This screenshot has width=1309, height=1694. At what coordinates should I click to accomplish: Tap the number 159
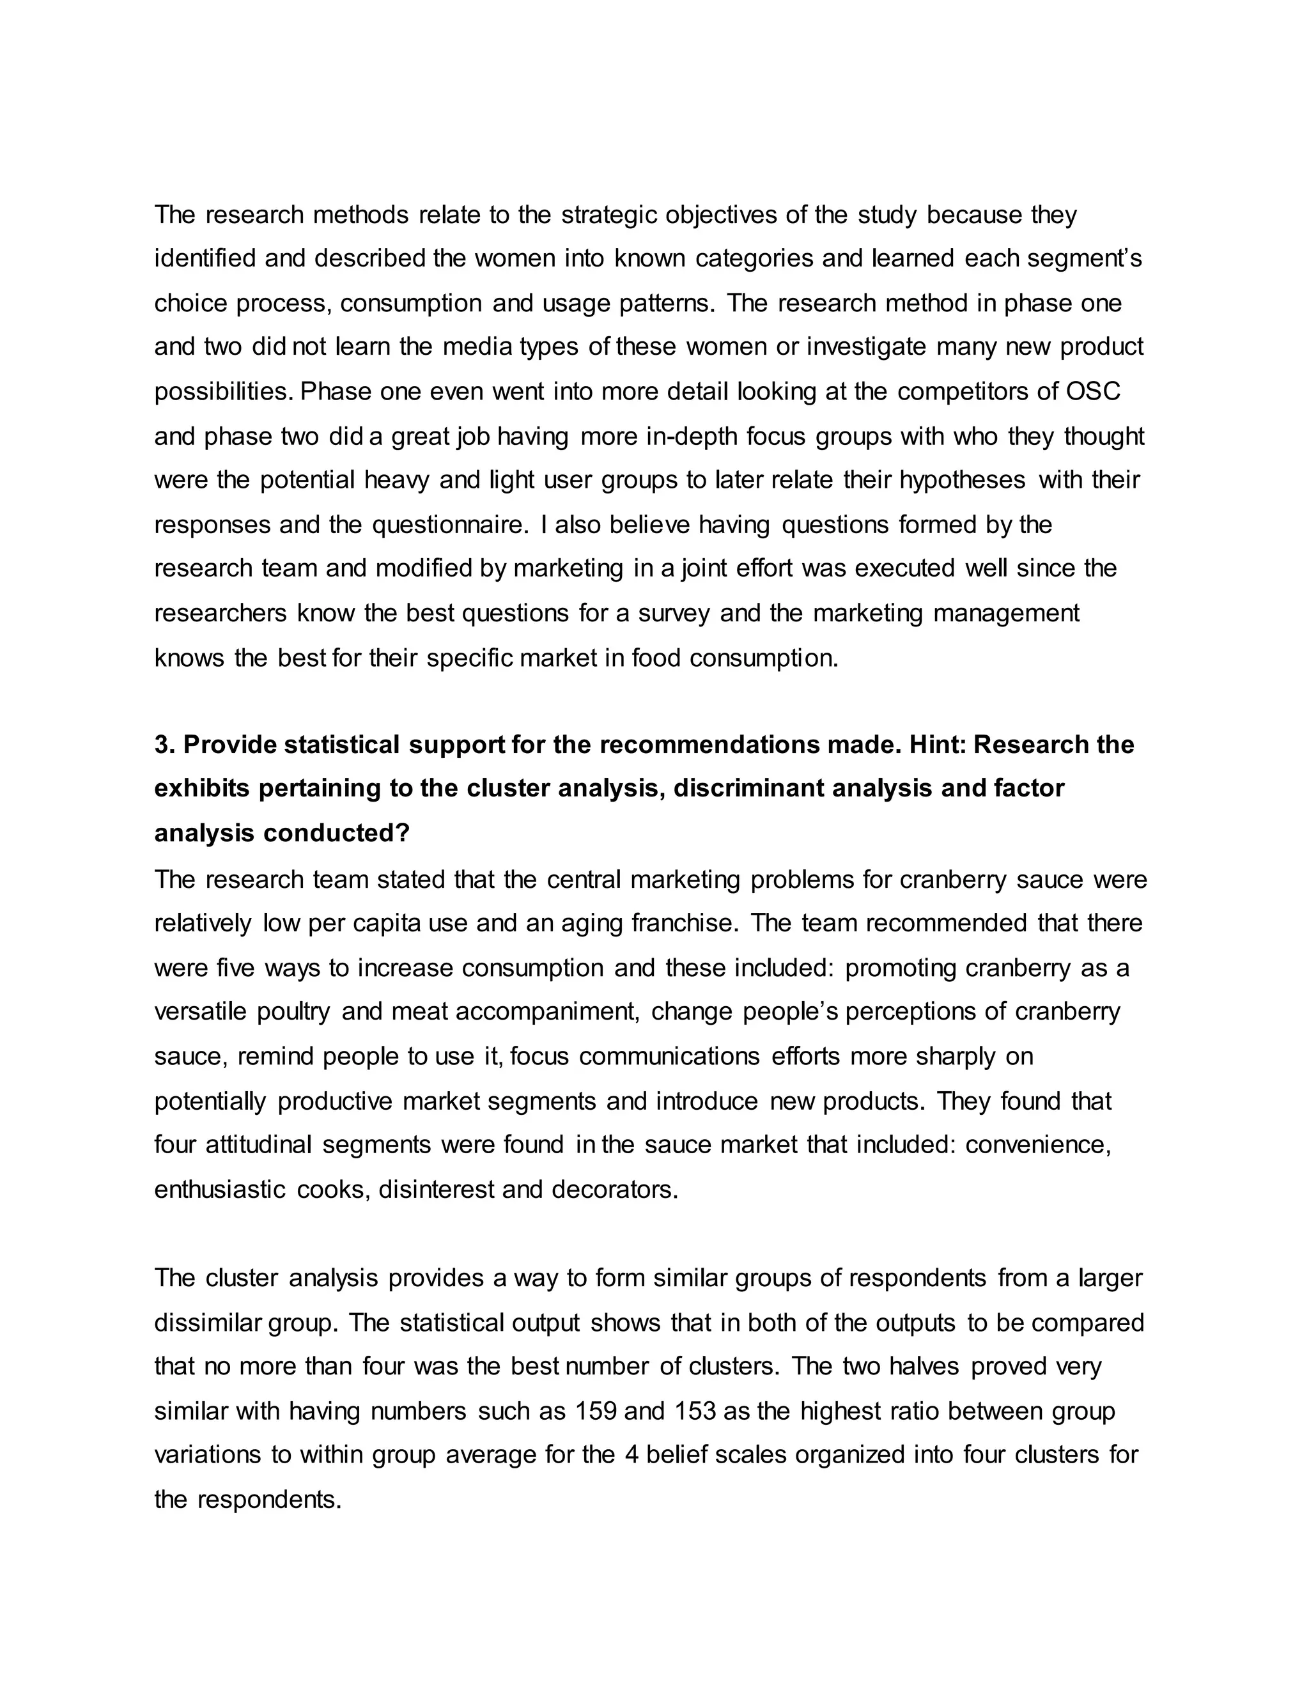click(596, 1411)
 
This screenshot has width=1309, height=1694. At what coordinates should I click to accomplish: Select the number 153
click(694, 1411)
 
